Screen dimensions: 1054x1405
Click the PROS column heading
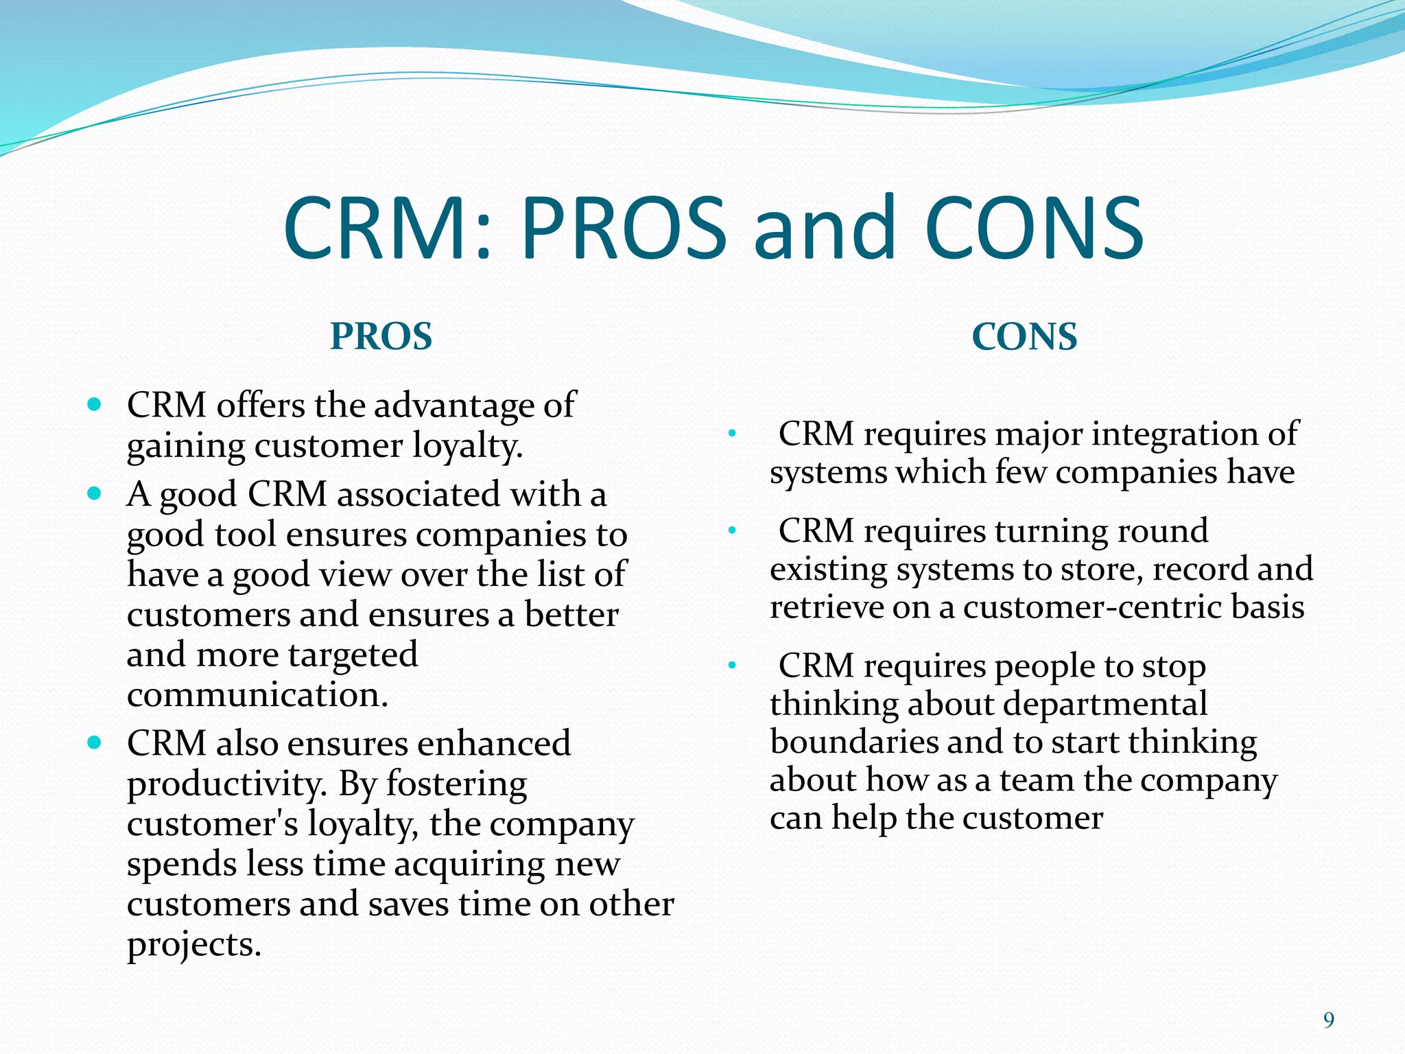pos(381,336)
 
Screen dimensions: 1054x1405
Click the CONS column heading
pos(1024,336)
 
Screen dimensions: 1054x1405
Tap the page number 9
pos(1328,1020)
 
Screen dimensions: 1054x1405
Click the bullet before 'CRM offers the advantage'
pos(95,404)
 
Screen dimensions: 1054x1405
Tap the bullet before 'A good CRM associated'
pos(95,493)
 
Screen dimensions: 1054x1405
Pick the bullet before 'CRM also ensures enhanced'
pos(95,742)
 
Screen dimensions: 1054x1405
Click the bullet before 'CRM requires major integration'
pos(732,434)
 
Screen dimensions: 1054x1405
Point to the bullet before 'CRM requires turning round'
pos(732,530)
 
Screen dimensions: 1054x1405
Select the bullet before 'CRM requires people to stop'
pos(732,665)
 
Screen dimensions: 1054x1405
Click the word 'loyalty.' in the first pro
pos(468,446)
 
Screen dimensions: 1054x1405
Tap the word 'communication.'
pos(258,694)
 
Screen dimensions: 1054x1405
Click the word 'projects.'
pos(194,945)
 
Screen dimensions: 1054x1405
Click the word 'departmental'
pos(1092,704)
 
